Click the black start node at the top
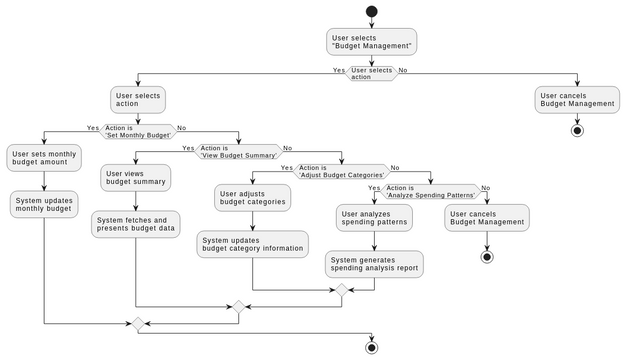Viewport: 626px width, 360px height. click(x=371, y=11)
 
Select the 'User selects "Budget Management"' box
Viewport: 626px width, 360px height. click(x=371, y=42)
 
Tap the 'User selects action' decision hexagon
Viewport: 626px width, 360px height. click(x=371, y=73)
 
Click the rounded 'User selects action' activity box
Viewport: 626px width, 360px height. click(x=138, y=100)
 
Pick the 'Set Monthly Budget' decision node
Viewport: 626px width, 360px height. click(x=138, y=131)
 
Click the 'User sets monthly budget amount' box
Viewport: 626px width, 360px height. click(x=44, y=158)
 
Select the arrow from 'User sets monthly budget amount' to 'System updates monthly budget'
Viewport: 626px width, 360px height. click(x=44, y=181)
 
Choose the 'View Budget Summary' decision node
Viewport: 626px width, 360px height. click(x=238, y=152)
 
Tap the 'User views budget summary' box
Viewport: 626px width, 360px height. click(x=135, y=178)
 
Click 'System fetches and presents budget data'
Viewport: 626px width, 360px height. click(x=135, y=224)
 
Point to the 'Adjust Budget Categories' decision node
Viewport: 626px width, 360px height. click(x=341, y=172)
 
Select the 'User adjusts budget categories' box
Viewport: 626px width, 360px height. click(x=252, y=198)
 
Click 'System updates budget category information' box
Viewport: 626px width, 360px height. click(x=252, y=244)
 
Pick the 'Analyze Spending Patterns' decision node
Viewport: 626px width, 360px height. click(x=430, y=192)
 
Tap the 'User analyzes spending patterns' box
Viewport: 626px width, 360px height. click(x=374, y=218)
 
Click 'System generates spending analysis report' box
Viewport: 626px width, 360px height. click(x=374, y=264)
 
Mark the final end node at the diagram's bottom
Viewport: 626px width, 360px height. click(x=371, y=348)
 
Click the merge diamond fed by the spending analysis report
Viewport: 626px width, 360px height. click(x=341, y=290)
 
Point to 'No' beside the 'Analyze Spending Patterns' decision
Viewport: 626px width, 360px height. click(x=485, y=188)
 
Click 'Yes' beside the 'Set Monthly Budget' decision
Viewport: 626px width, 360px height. click(x=93, y=128)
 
